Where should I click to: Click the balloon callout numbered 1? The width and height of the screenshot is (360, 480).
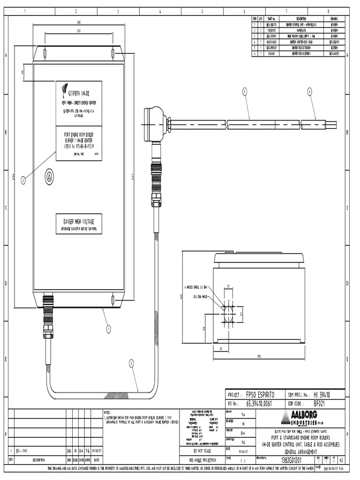coord(108,329)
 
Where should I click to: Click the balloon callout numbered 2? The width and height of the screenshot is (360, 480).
coord(23,181)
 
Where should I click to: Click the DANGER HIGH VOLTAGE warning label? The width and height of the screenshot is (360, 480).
coord(79,224)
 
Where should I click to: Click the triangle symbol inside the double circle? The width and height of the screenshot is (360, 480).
coord(49,177)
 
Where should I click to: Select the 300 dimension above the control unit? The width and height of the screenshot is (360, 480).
coord(79,22)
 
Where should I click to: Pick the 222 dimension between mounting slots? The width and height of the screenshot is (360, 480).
coord(79,31)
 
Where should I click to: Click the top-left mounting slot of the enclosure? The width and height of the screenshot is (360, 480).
coord(45,53)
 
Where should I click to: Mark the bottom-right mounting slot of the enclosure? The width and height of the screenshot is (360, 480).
coord(113,299)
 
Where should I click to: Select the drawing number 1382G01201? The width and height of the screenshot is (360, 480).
coord(292,460)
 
